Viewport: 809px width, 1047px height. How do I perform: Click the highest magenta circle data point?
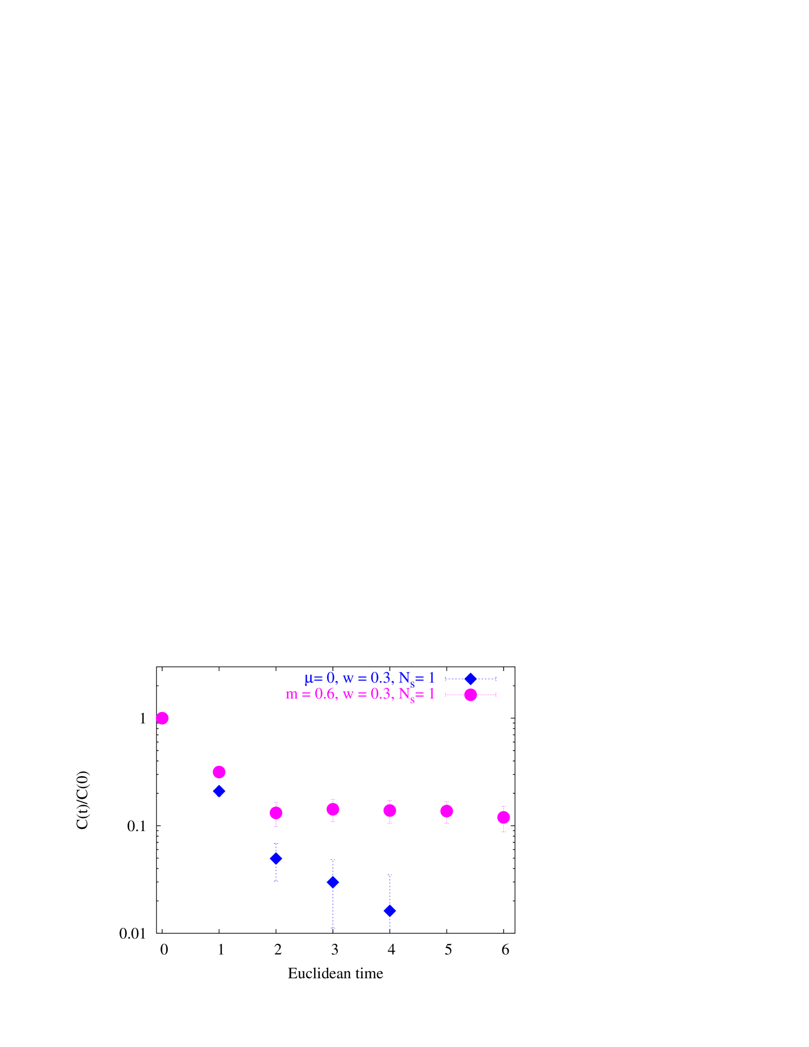pos(162,718)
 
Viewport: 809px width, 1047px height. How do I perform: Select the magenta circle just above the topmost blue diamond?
pos(219,772)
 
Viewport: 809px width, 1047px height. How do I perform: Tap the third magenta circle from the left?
pos(276,813)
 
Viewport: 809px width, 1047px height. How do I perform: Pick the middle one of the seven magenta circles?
pos(333,809)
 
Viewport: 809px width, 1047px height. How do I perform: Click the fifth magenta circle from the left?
pos(390,811)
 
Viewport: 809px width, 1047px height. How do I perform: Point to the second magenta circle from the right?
pos(447,811)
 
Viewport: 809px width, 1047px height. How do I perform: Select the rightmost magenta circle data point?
pos(503,817)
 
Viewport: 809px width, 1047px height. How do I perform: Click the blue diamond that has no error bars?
pos(219,791)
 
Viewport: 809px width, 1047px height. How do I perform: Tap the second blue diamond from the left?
pos(276,859)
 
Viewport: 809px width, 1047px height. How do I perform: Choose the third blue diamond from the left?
pos(333,882)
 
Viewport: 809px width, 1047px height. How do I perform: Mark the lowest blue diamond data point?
pos(390,911)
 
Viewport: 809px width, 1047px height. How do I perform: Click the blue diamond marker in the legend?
pos(470,679)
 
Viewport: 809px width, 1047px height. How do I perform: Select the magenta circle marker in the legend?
pos(470,695)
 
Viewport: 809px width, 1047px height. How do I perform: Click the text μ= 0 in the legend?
pos(320,678)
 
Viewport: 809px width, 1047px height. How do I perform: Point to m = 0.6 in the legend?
pos(311,694)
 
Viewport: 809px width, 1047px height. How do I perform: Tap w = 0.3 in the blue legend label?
pos(368,678)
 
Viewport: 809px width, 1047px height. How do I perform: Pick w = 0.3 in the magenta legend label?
pos(368,694)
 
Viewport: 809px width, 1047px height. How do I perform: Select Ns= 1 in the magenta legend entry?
pos(417,695)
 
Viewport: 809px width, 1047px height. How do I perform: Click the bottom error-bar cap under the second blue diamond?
pos(276,881)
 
